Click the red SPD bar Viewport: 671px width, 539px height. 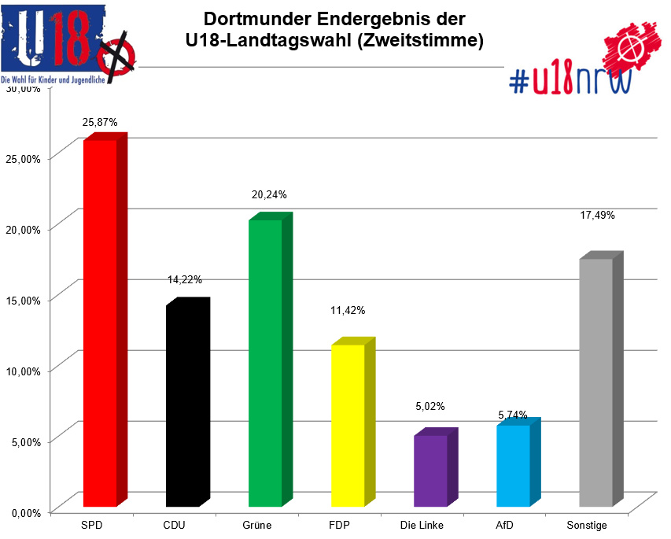point(100,323)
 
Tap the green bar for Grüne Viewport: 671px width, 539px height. point(265,362)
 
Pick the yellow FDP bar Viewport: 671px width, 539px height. point(348,425)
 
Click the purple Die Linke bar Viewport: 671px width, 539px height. point(430,470)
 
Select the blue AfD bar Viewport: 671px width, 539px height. point(513,465)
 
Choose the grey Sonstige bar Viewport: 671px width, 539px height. point(595,382)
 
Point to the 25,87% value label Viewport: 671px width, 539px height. point(100,123)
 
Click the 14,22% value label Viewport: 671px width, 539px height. point(184,279)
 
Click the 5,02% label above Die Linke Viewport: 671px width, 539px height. point(430,407)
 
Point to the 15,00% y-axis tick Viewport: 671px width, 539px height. point(24,300)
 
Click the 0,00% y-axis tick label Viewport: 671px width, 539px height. point(25,512)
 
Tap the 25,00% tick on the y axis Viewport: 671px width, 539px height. point(24,158)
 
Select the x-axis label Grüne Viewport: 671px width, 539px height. point(257,525)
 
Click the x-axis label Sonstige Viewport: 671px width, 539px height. point(587,525)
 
